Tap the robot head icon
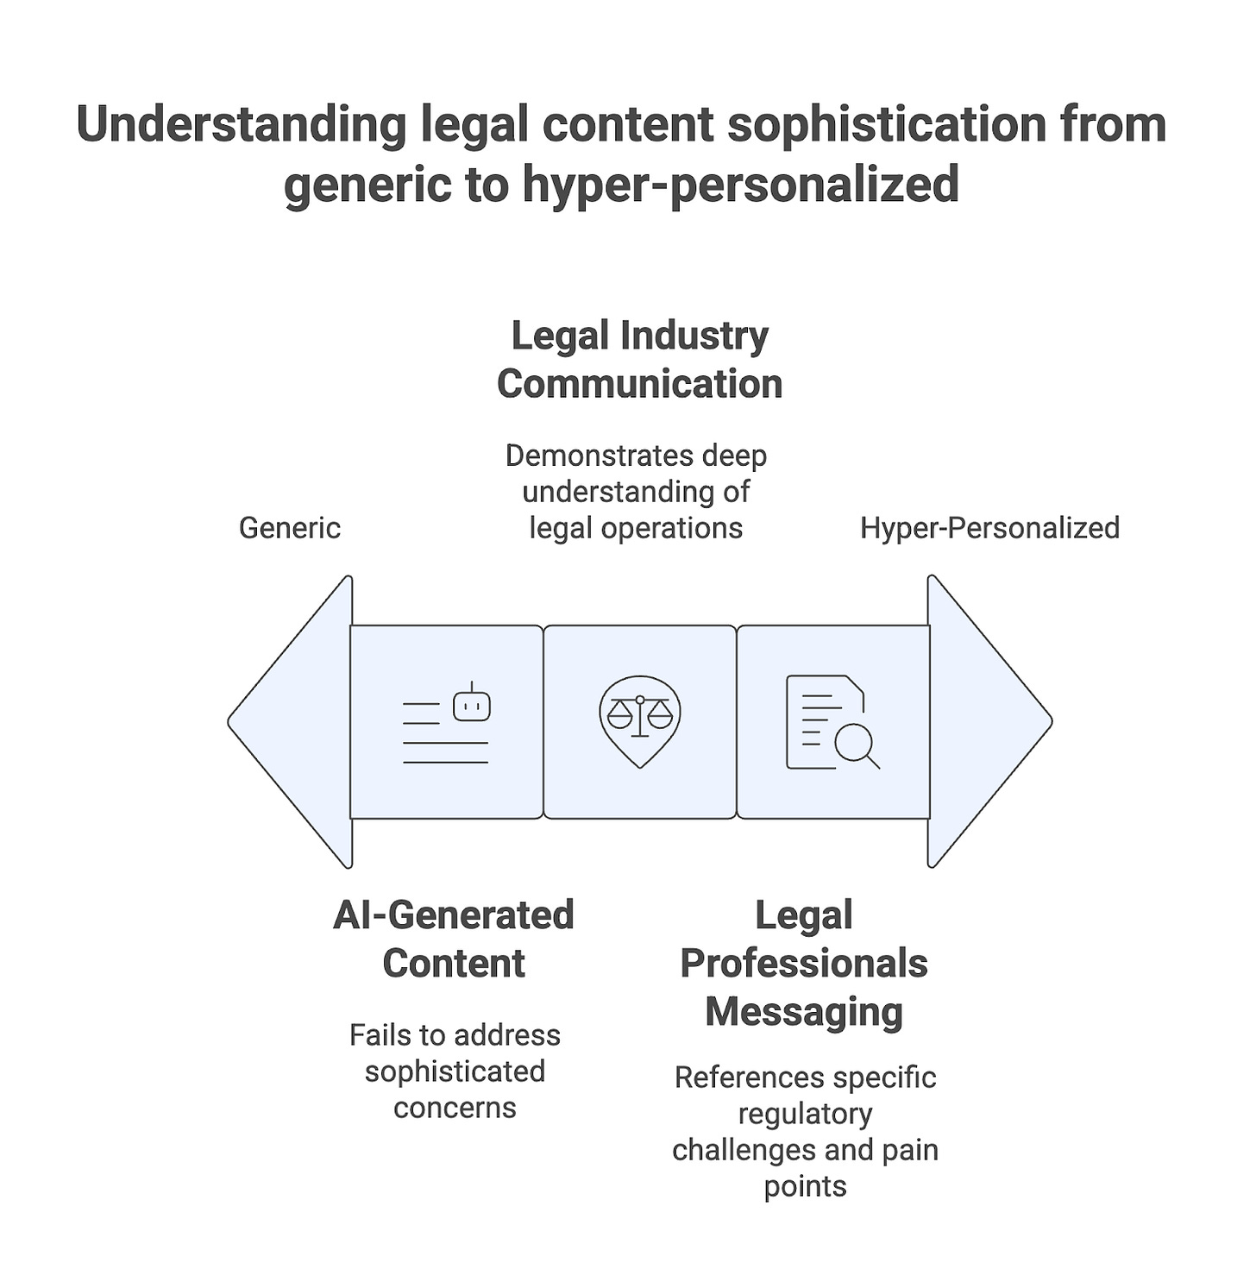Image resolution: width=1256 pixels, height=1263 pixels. click(x=472, y=705)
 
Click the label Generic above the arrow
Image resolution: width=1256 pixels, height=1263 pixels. click(x=289, y=528)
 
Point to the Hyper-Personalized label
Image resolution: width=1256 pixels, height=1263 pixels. click(x=989, y=528)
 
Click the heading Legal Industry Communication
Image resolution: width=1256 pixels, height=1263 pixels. click(x=639, y=360)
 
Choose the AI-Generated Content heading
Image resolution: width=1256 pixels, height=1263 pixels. click(x=454, y=939)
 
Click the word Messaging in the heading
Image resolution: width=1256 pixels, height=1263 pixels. click(x=804, y=1012)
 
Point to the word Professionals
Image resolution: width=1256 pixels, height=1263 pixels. click(x=804, y=964)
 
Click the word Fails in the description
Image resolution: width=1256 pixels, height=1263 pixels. click(x=376, y=1035)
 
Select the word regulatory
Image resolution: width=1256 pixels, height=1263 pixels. click(x=805, y=1114)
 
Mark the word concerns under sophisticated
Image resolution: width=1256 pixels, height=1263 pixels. click(x=455, y=1108)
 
